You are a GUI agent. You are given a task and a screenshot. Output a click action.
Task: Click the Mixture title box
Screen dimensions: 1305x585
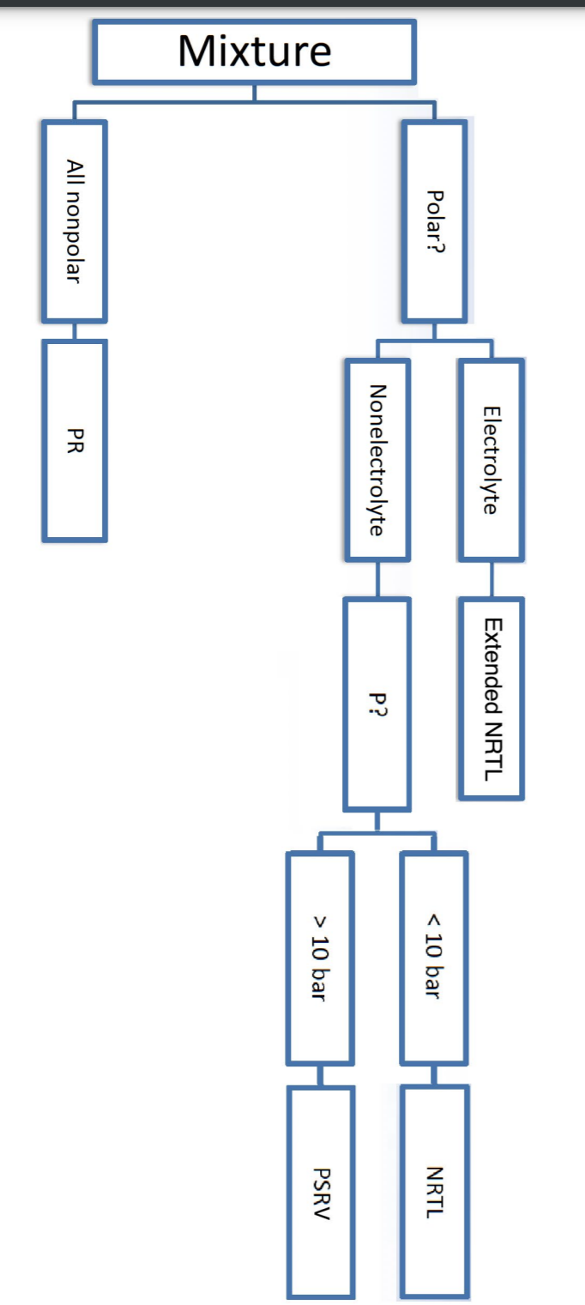[x=255, y=51]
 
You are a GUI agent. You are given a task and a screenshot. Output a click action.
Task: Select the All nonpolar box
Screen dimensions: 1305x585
[x=75, y=221]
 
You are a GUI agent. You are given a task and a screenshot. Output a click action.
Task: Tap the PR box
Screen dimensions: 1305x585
[x=75, y=441]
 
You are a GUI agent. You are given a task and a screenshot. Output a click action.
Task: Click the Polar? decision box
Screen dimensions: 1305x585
[x=435, y=222]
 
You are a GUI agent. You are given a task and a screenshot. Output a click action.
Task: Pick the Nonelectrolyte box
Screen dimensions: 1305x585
[x=377, y=459]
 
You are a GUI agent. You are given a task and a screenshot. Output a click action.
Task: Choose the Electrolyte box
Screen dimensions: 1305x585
[x=491, y=459]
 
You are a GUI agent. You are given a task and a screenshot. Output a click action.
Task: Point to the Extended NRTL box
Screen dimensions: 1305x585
[x=491, y=698]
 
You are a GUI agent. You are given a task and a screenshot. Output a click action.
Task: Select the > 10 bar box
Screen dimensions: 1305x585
[x=319, y=957]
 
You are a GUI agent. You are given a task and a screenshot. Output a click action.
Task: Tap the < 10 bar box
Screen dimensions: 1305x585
[x=434, y=957]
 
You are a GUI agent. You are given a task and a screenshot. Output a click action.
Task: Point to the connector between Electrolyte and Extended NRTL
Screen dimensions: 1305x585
[x=491, y=580]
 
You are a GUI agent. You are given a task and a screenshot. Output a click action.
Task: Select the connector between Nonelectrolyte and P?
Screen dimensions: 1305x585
[x=377, y=580]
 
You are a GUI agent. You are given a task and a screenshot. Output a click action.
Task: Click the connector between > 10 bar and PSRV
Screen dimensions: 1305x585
[x=319, y=1075]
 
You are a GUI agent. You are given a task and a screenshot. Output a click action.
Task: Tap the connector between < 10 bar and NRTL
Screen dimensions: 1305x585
[x=434, y=1075]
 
